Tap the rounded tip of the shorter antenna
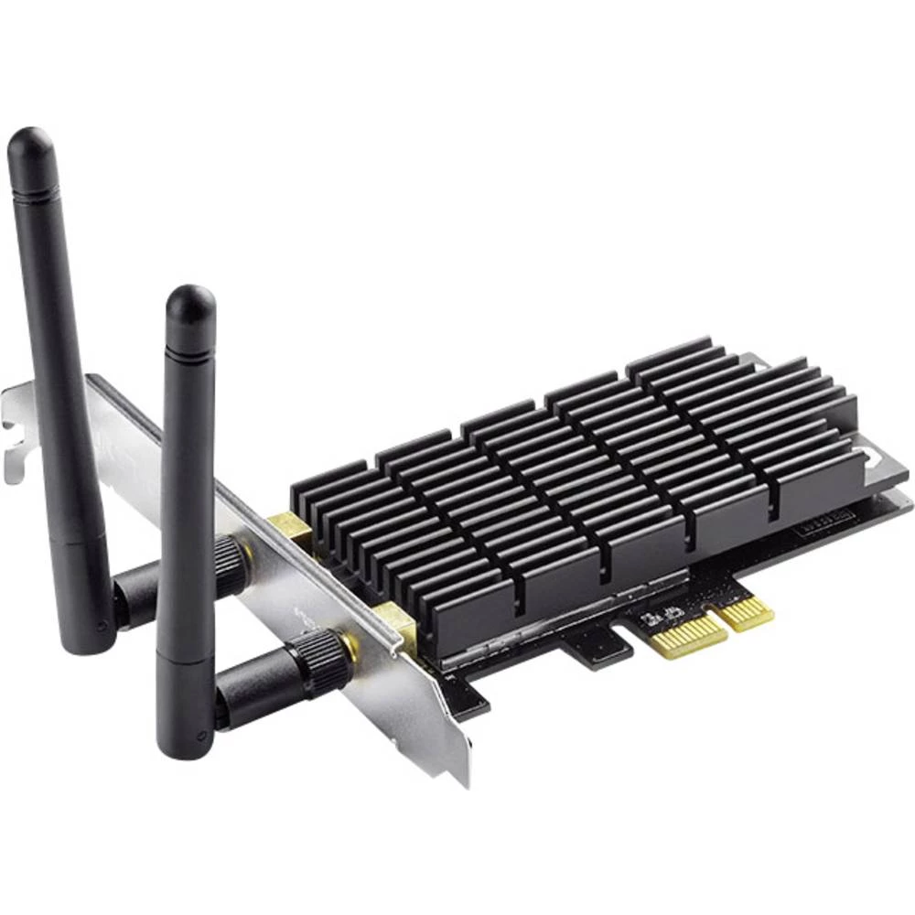[190, 305]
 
